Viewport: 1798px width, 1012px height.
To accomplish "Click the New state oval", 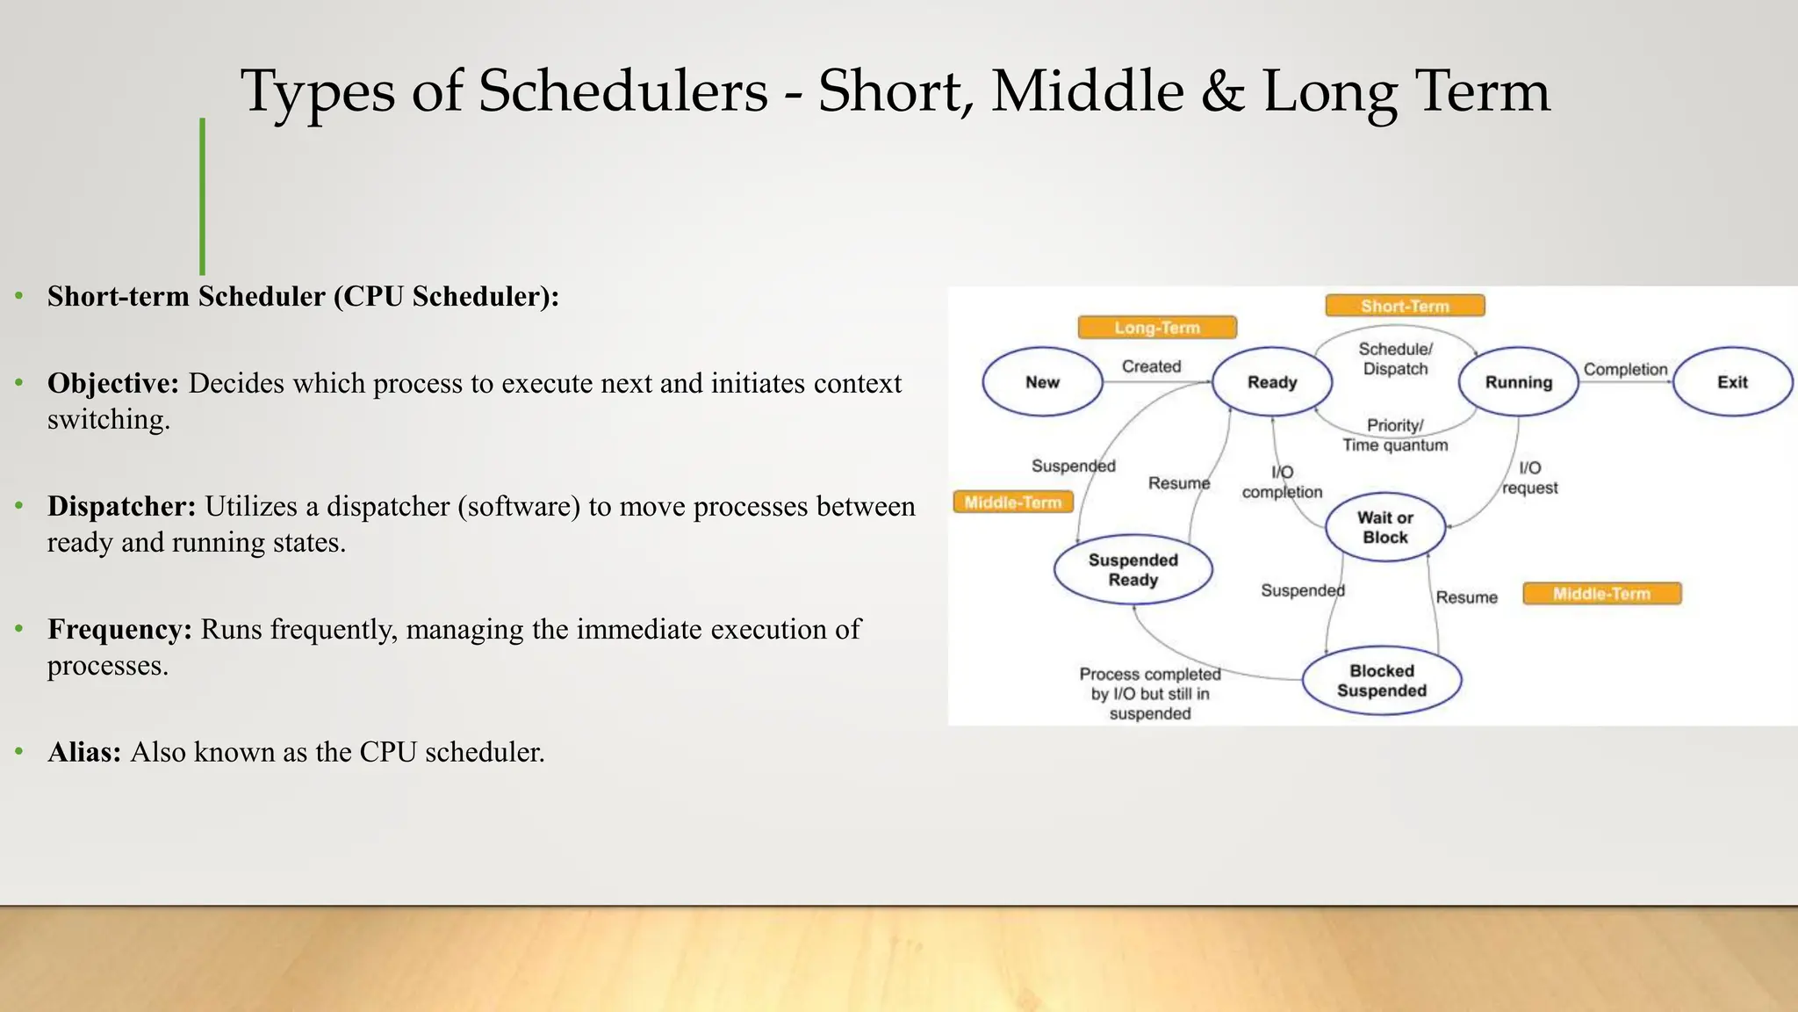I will click(1042, 382).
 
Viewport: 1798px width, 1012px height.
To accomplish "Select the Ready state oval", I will click(1272, 382).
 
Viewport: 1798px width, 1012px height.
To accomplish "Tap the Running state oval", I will click(1518, 382).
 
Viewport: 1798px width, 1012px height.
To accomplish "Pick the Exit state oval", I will click(1732, 382).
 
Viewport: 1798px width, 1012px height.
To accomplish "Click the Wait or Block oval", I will click(1384, 527).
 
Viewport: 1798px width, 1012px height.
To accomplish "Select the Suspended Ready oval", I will click(1133, 570).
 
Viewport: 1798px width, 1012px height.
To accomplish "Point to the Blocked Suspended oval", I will click(1381, 681).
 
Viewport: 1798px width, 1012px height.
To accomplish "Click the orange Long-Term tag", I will click(1157, 328).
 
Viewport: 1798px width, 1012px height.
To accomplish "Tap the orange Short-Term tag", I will click(1405, 306).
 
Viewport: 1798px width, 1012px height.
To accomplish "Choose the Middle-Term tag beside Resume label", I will click(1601, 594).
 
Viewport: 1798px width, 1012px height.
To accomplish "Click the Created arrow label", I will click(1151, 366).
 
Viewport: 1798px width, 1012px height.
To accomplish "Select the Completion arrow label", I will click(1625, 370).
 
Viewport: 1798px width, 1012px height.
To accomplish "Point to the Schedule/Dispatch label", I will click(1395, 359).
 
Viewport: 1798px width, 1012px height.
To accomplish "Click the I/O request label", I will click(1529, 478).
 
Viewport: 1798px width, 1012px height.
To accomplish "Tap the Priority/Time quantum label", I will click(1395, 435).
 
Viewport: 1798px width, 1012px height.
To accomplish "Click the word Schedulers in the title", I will click(622, 91).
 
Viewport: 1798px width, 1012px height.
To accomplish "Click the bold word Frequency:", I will click(119, 630).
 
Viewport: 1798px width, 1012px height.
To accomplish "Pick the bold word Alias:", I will click(84, 753).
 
